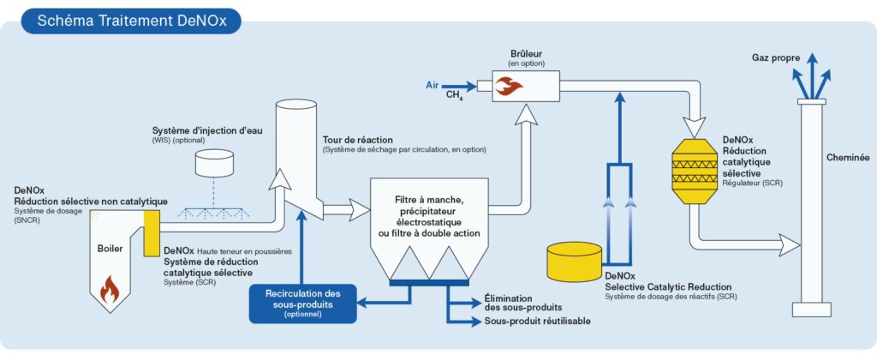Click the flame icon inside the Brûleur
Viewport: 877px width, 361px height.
(x=512, y=85)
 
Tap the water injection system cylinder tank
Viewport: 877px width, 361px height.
(x=212, y=163)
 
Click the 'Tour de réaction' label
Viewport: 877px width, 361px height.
(x=357, y=139)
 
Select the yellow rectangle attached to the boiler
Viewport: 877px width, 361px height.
(x=152, y=230)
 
